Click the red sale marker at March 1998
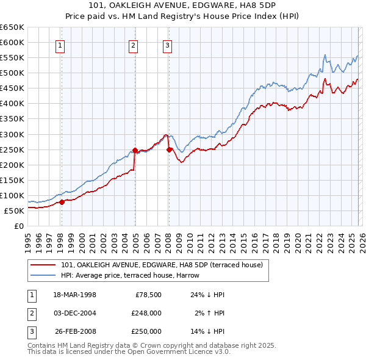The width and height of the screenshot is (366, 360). pos(62,202)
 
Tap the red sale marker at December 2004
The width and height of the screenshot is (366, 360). pos(135,149)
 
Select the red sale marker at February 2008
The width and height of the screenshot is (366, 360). pos(169,149)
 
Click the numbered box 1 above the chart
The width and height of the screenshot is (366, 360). pos(61,44)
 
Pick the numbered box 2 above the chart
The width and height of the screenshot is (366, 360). pos(133,44)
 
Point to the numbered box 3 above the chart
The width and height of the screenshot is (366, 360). pos(167,44)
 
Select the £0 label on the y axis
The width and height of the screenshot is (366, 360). pos(18,226)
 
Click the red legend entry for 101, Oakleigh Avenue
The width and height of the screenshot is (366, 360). pos(162,265)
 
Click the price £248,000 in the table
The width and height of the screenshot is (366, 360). pos(146,313)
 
